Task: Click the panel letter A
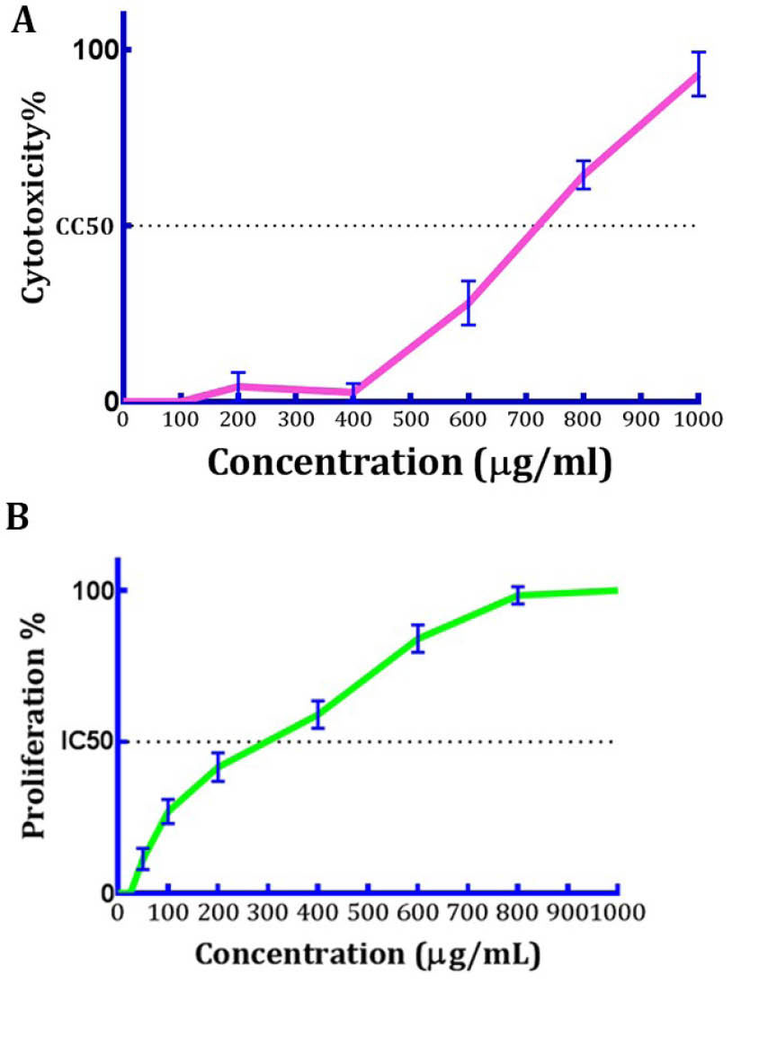[24, 22]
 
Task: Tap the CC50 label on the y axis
[85, 226]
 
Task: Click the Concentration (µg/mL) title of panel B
[368, 954]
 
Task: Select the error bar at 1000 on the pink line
[698, 74]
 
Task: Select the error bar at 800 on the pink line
[583, 175]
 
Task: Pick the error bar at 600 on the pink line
[468, 302]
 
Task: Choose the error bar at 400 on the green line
[317, 714]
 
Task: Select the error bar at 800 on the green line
[517, 595]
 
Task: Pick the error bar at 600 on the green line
[417, 638]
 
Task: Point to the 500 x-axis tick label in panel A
[410, 420]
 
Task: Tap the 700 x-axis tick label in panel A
[525, 420]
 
